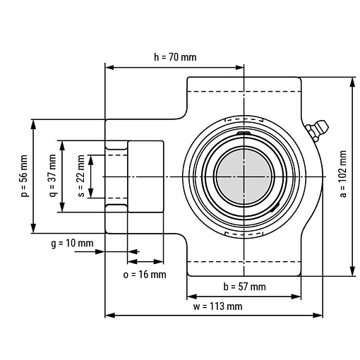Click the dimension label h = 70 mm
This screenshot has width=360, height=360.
[175, 57]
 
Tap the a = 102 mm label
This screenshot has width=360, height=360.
[343, 174]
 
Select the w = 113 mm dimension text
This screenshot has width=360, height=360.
[217, 306]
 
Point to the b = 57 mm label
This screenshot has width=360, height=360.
[244, 287]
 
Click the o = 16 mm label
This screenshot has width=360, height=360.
[145, 275]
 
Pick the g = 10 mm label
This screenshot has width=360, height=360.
[72, 244]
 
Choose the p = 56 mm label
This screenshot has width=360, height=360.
[24, 176]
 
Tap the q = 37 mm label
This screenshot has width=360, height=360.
[53, 176]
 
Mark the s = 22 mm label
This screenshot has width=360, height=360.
[81, 176]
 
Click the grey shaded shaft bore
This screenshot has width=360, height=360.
[244, 176]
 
